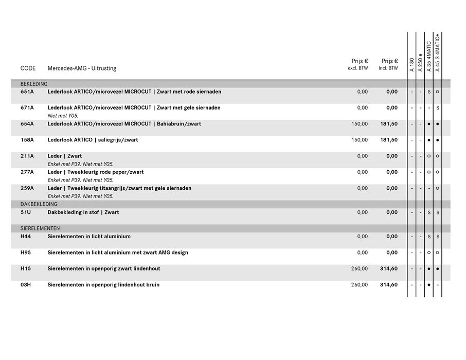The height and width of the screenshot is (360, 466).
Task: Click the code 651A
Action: (x=27, y=92)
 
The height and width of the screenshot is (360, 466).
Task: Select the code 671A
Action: (x=27, y=107)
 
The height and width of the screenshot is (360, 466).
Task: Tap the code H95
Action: (x=26, y=253)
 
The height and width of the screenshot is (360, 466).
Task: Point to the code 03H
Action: (x=26, y=284)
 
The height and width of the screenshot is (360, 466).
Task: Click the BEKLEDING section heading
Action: (x=34, y=84)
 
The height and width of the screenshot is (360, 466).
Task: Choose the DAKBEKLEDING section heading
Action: (x=38, y=204)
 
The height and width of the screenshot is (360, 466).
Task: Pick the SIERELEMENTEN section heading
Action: (x=40, y=228)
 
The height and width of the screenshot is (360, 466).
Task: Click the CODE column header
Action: (x=28, y=68)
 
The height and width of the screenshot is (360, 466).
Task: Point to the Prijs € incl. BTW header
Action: (x=389, y=64)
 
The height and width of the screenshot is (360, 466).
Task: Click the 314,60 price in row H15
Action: (x=389, y=268)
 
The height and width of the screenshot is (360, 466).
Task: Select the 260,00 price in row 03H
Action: (x=360, y=284)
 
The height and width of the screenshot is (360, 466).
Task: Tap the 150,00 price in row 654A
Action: (x=360, y=124)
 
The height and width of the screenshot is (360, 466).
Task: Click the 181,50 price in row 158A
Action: (x=389, y=140)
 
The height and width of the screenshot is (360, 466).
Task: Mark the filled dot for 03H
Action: (x=428, y=284)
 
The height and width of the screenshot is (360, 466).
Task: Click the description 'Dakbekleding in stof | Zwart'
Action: (x=83, y=212)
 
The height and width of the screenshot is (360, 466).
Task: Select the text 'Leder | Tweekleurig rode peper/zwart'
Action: (x=96, y=172)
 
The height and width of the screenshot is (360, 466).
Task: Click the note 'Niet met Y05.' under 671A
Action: (x=63, y=116)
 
